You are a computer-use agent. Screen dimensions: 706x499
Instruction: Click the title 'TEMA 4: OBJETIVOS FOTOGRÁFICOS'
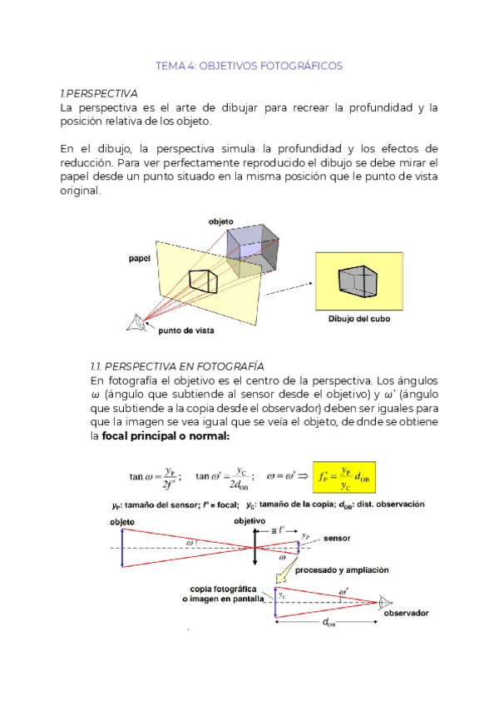pos(249,66)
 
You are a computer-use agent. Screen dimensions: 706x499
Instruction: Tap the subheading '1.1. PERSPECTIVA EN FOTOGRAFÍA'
pos(176,366)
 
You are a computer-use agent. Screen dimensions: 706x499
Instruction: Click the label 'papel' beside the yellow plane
pos(141,258)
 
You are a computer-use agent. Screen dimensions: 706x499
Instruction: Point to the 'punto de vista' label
pos(184,331)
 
